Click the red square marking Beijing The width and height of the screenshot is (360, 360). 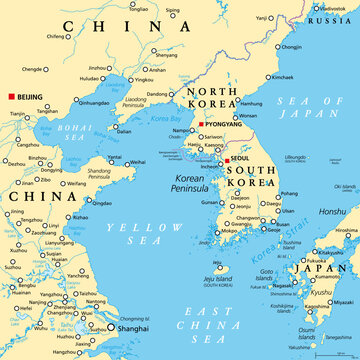coord(11,95)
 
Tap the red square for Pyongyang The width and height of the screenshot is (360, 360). coord(201,124)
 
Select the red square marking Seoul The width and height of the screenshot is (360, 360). coord(227,159)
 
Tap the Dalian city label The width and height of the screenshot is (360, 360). coord(124,131)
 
